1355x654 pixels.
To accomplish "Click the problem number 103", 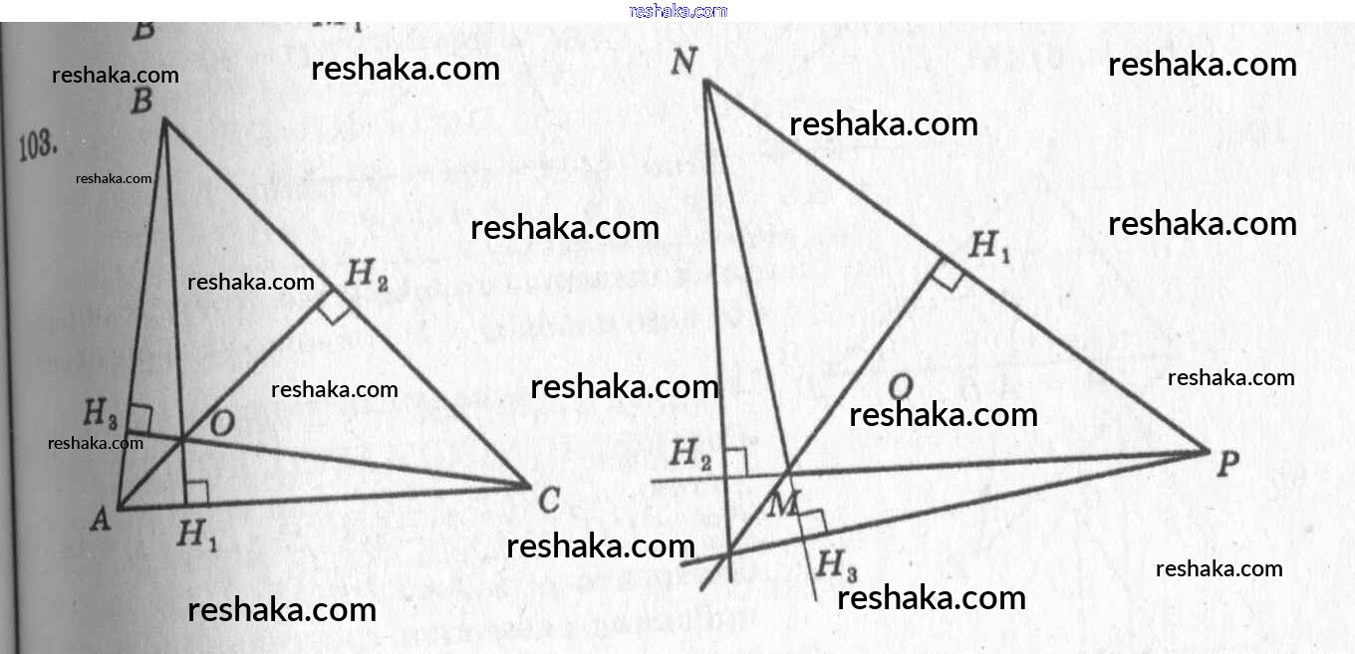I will pyautogui.click(x=39, y=145).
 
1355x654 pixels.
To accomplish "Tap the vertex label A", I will pyautogui.click(x=100, y=519).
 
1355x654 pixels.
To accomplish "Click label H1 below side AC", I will pyautogui.click(x=198, y=537).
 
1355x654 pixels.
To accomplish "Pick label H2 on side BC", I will pyautogui.click(x=368, y=278).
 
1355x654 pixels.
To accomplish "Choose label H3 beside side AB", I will pyautogui.click(x=101, y=410).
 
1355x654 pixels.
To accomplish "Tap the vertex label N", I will pyautogui.click(x=683, y=62).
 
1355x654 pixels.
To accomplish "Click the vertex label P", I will pyautogui.click(x=1227, y=463).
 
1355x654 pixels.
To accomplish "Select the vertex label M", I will pyautogui.click(x=784, y=505).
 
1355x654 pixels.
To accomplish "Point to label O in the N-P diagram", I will pyautogui.click(x=899, y=386).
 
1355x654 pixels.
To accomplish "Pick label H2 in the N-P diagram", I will pyautogui.click(x=690, y=454).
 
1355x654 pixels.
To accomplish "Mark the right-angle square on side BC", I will pyautogui.click(x=335, y=310).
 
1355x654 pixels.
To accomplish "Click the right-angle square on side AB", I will pyautogui.click(x=139, y=420).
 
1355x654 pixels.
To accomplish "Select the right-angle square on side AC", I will pyautogui.click(x=196, y=493).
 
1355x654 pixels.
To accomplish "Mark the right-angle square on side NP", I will pyautogui.click(x=948, y=276).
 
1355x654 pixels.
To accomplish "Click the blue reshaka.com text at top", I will pyautogui.click(x=678, y=11).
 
